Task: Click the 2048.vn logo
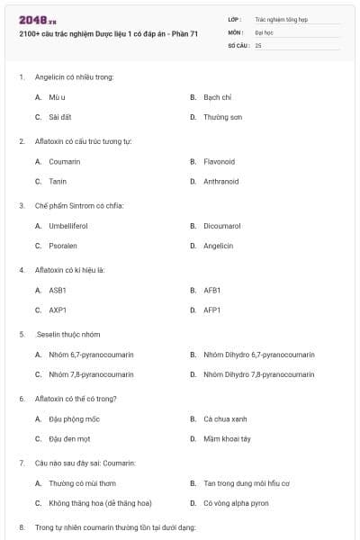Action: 37,19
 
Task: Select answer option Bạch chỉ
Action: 217,96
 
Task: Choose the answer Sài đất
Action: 59,117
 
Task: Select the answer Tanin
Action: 58,181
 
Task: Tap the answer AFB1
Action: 211,290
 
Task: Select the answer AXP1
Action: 58,310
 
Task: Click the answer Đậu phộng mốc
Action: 70,418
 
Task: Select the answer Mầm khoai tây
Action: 226,438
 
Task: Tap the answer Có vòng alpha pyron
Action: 236,503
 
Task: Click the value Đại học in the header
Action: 264,31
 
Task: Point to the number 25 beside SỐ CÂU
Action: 258,44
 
